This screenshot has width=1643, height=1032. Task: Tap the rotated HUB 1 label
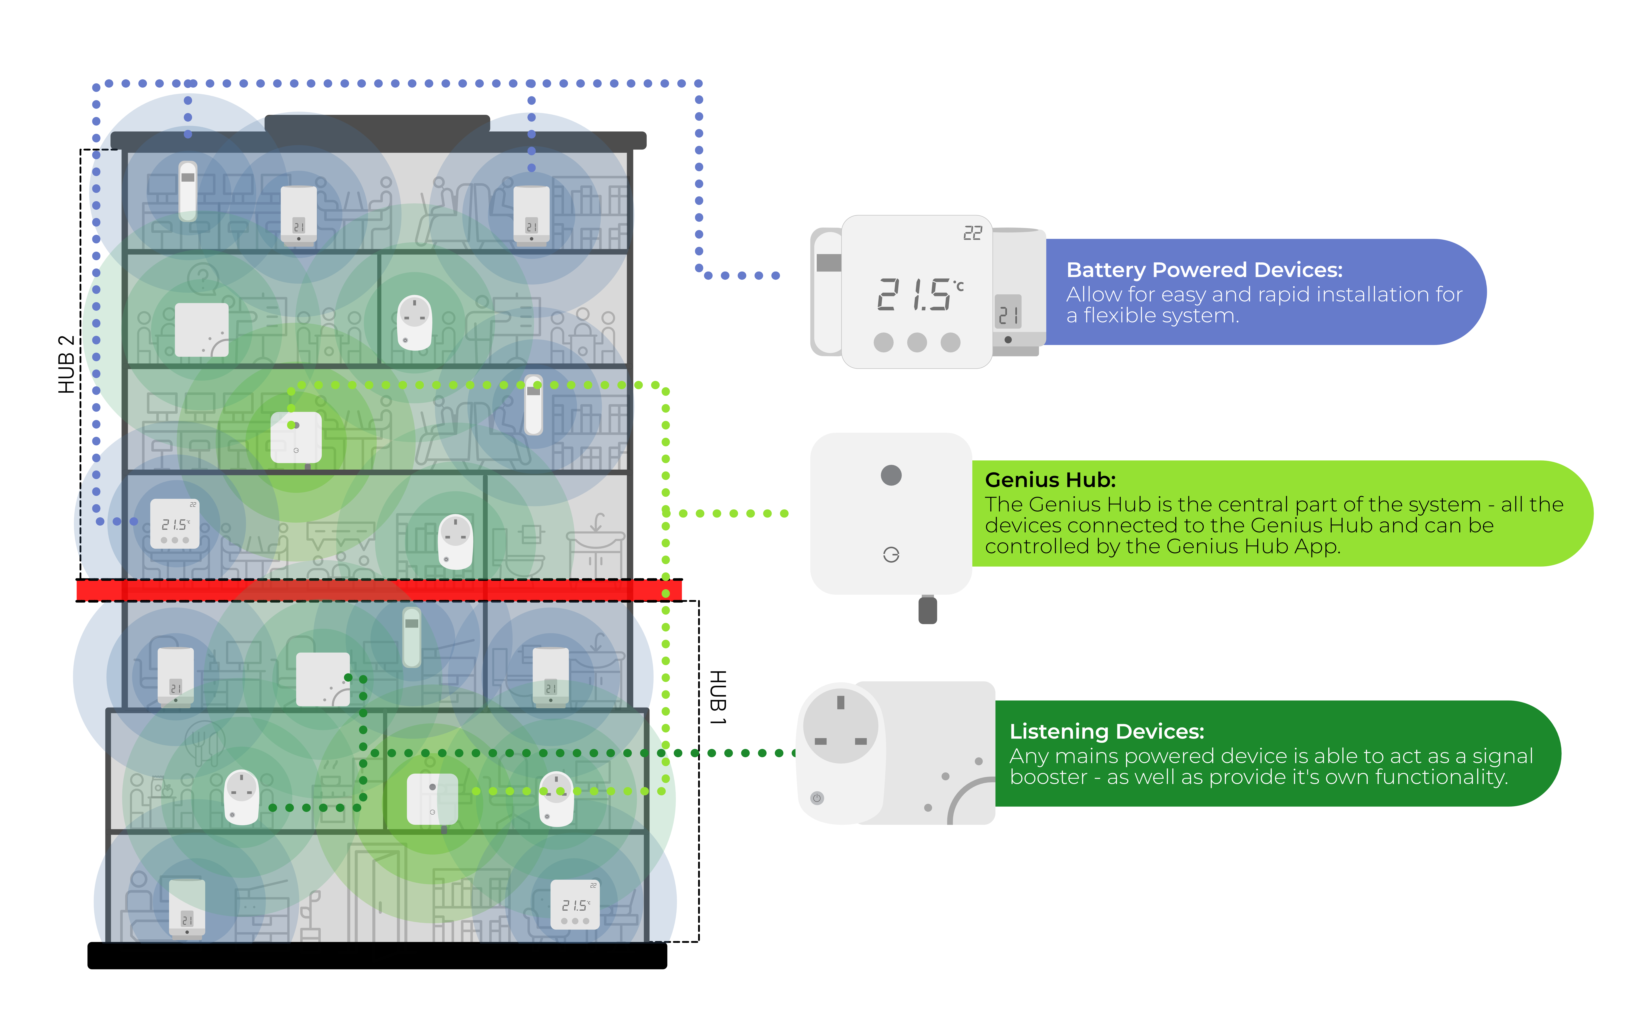pos(718,697)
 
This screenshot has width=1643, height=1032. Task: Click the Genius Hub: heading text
pos(1049,480)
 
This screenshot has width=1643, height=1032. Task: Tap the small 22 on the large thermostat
pos(972,233)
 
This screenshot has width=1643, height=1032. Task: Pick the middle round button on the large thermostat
pos(917,342)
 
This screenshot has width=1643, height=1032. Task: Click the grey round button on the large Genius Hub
pos(891,475)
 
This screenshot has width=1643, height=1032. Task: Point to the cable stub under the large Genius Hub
pos(927,610)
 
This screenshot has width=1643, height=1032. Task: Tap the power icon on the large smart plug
pos(817,798)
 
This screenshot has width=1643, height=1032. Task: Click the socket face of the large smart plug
pos(841,725)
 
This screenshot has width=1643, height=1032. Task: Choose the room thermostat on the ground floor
pos(574,905)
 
